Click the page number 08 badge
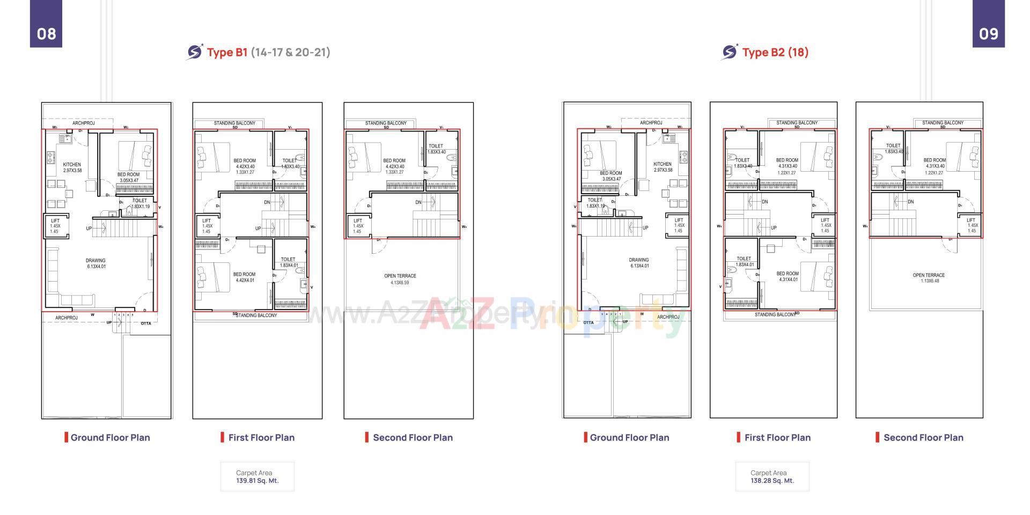(46, 33)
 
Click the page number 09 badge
(988, 33)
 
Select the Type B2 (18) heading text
(775, 52)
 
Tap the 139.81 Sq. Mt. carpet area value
(257, 481)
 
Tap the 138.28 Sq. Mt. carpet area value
(772, 481)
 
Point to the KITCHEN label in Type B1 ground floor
(72, 165)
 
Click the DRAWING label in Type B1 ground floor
(96, 261)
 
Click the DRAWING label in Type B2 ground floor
(638, 260)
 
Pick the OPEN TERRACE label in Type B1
(400, 276)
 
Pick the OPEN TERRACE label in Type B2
(929, 275)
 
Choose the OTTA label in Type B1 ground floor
(146, 323)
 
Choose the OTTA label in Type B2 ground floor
(588, 322)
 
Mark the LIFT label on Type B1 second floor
(358, 220)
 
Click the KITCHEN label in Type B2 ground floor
(663, 164)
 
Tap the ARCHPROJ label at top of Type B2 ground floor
(651, 123)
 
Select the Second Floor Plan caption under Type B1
(413, 437)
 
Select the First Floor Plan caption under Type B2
(777, 437)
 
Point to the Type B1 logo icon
(194, 52)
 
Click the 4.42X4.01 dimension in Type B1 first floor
(245, 280)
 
